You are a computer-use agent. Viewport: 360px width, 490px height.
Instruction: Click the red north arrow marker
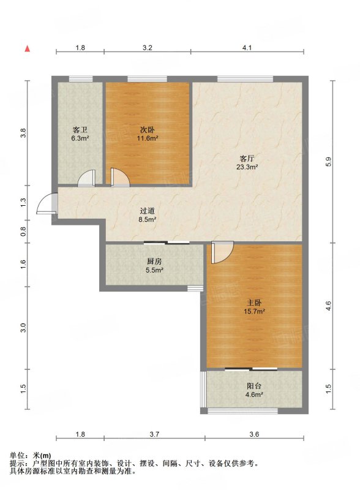[x=28, y=48]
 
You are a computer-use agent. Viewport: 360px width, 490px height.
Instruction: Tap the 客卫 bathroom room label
[x=80, y=130]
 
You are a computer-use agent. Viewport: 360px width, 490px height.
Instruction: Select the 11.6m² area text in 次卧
[x=147, y=138]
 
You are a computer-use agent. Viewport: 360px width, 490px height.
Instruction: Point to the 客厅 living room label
[x=247, y=158]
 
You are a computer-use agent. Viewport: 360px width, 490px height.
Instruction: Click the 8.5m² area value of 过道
[x=148, y=219]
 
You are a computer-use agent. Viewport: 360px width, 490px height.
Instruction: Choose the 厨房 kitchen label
[x=154, y=262]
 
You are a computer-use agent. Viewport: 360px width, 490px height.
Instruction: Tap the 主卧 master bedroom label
[x=254, y=303]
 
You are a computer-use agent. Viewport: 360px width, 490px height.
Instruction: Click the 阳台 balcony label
[x=254, y=386]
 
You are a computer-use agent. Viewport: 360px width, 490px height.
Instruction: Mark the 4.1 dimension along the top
[x=247, y=48]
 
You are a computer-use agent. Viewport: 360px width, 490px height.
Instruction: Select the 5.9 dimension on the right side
[x=328, y=161]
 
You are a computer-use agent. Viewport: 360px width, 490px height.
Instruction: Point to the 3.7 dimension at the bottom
[x=154, y=434]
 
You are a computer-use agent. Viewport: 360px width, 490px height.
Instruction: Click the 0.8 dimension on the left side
[x=23, y=232]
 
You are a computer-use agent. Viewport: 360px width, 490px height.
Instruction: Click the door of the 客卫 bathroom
[x=86, y=178]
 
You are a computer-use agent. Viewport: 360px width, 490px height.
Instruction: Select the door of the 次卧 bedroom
[x=120, y=178]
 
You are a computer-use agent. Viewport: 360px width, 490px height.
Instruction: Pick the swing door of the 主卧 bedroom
[x=222, y=252]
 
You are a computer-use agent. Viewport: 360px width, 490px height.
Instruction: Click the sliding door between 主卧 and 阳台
[x=251, y=369]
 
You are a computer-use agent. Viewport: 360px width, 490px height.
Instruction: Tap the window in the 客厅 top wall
[x=245, y=79]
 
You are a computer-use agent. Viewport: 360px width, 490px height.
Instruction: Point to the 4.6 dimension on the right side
[x=328, y=306]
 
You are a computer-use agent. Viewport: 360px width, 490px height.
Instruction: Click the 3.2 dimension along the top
[x=147, y=48]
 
